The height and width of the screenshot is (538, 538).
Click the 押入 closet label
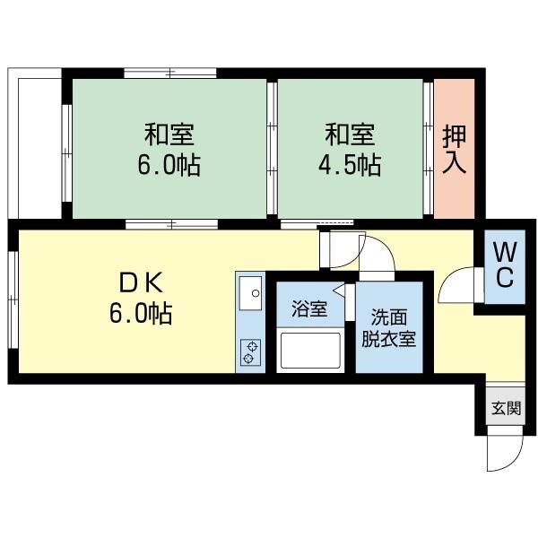pos(455,150)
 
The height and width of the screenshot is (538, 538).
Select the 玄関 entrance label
pos(506,408)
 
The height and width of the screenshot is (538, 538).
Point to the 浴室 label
pos(309,308)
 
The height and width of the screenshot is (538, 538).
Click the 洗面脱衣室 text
pos(389,328)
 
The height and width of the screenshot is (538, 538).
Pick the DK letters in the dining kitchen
pos(141,283)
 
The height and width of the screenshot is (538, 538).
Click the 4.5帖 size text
pos(350,165)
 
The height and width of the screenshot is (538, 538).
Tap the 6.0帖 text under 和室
pos(169,165)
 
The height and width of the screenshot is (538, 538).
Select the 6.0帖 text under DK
pos(141,313)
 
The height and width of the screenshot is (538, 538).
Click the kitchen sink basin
pos(250,293)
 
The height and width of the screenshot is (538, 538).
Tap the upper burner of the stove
pos(253,346)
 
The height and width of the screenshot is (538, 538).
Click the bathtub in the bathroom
pos(310,351)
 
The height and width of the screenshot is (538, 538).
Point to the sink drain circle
pos(256,293)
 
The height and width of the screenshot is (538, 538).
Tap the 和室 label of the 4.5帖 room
pos(350,134)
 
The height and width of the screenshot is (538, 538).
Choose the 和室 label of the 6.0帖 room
pos(169,134)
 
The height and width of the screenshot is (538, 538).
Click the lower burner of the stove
pos(247,359)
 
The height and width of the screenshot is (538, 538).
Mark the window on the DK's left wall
pos(13,300)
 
